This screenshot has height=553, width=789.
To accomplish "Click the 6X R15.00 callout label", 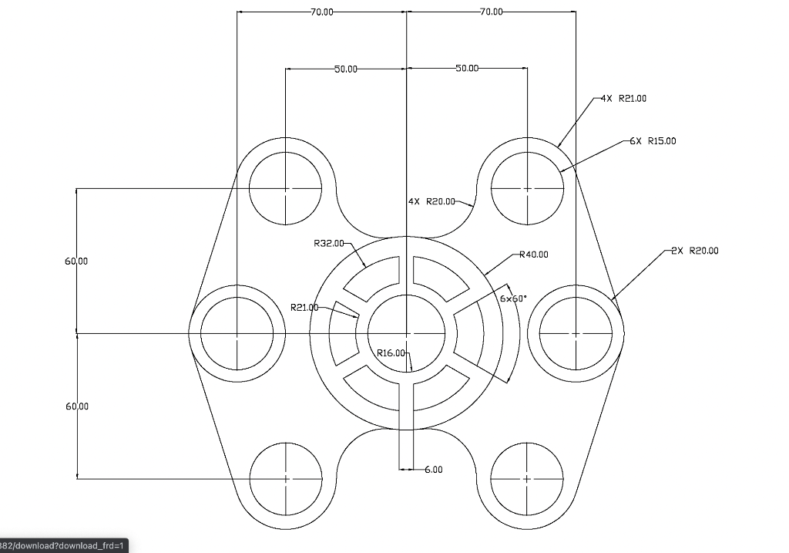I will point(653,141).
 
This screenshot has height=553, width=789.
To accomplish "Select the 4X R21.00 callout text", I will point(623,99).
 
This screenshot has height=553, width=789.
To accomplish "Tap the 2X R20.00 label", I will point(694,251).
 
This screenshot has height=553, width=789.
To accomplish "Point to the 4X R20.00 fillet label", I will point(431,202).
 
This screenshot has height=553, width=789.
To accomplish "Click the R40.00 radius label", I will point(534,255).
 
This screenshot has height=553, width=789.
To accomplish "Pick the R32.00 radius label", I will point(329,243).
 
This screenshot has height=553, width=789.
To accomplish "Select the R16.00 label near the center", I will point(391,353).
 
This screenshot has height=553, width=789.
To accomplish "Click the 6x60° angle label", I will point(513,298).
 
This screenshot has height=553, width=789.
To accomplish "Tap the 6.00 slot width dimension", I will point(434,469).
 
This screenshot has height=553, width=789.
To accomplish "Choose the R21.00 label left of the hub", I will point(304,308).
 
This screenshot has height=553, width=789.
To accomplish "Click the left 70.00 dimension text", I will point(322,12).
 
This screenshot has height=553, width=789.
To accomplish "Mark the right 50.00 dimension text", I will point(467,69).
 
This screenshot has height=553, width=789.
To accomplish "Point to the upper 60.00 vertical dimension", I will point(76,261).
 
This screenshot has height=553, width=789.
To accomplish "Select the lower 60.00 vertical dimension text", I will point(76,406).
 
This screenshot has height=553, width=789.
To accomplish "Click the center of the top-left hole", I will point(286,188).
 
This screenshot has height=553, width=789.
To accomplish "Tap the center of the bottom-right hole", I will point(527,479).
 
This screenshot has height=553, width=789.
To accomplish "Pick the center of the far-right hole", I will point(576,333).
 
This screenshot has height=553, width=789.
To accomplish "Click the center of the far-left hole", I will point(237,333).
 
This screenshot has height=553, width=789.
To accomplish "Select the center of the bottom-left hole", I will point(286,479).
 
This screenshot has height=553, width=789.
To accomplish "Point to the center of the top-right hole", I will point(527,188).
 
